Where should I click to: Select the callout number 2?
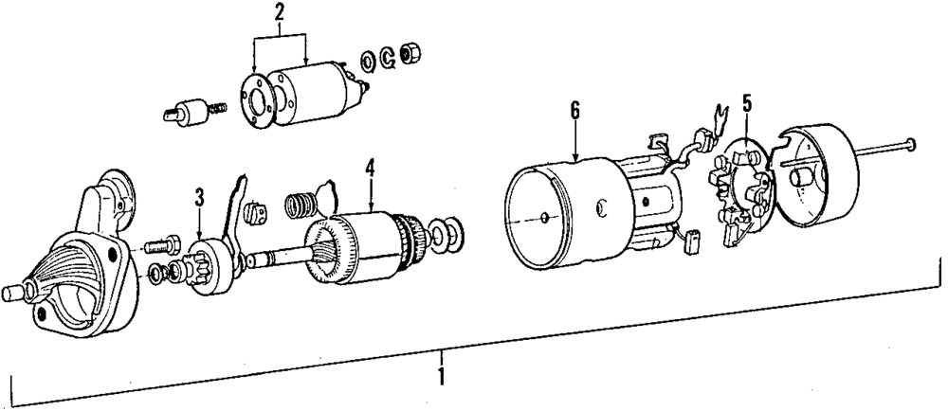[279, 12]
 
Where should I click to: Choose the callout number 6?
[574, 111]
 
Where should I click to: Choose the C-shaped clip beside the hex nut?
[389, 60]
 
